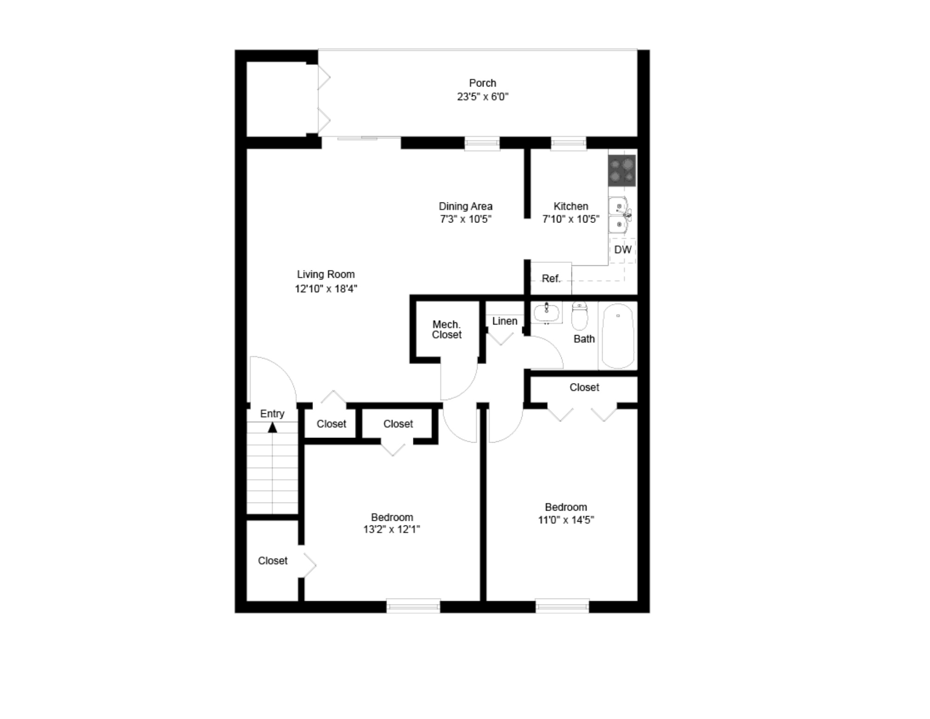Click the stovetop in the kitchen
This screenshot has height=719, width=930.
(622, 170)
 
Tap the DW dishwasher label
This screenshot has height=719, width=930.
(623, 250)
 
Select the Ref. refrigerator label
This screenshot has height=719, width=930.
(551, 279)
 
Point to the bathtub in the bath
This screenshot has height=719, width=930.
(618, 336)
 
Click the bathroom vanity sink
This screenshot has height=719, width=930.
(546, 313)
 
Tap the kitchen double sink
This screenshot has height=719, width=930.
(620, 215)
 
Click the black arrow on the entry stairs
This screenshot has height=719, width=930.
(272, 427)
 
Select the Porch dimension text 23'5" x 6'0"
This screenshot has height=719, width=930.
(483, 97)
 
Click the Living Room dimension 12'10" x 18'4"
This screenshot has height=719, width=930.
(326, 289)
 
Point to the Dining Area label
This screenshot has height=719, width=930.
(465, 206)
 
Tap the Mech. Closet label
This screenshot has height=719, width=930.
(446, 329)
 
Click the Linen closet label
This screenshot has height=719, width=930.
(505, 321)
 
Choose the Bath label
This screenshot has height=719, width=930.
(584, 339)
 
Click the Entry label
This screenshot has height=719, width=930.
(272, 414)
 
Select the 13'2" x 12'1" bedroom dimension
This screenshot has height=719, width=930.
(392, 530)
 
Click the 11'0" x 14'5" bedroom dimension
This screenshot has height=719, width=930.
(566, 520)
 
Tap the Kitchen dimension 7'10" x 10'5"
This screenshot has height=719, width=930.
(571, 219)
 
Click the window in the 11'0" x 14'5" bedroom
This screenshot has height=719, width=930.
(562, 605)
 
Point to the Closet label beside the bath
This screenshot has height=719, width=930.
(584, 387)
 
